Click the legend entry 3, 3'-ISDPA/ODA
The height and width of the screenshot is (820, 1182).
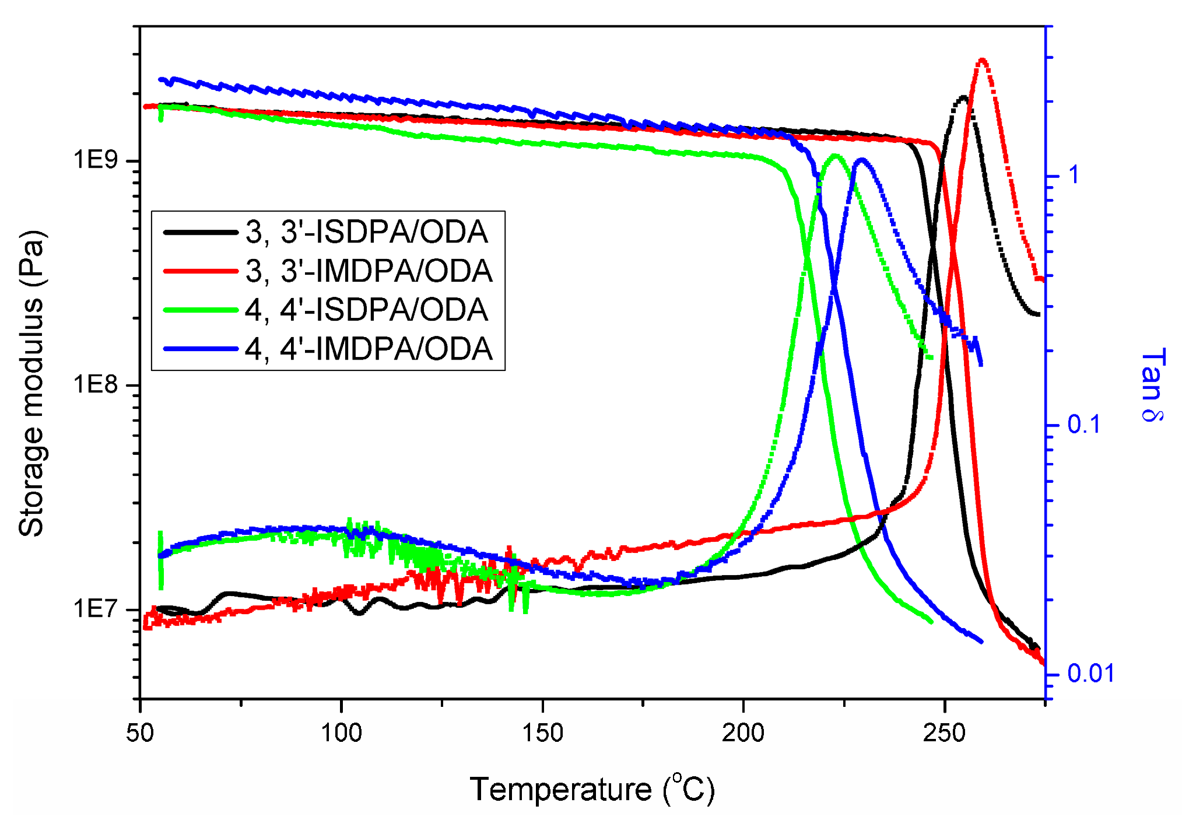point(366,232)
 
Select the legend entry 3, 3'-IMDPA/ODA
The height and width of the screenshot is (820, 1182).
point(369,271)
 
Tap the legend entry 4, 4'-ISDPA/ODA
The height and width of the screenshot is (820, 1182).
point(366,310)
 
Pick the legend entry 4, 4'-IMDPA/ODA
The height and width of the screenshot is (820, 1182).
point(369,349)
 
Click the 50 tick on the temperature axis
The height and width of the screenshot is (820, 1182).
point(140,733)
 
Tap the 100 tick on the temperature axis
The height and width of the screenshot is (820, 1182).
point(341,733)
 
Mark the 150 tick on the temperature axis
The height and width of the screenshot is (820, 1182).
point(542,733)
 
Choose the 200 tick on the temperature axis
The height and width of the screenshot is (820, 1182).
point(743,733)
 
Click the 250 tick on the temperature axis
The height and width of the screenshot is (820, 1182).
point(944,733)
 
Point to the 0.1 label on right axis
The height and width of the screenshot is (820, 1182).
point(1083,425)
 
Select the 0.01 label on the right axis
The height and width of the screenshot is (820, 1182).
point(1090,674)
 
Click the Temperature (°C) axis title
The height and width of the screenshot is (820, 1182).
point(591,790)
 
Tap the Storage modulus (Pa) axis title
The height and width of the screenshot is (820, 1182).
point(31,383)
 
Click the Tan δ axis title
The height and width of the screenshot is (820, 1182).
point(1152,384)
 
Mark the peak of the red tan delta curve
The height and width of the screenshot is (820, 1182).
point(982,60)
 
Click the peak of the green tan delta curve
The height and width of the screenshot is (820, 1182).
point(835,156)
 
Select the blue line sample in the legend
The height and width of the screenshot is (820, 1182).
point(201,349)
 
